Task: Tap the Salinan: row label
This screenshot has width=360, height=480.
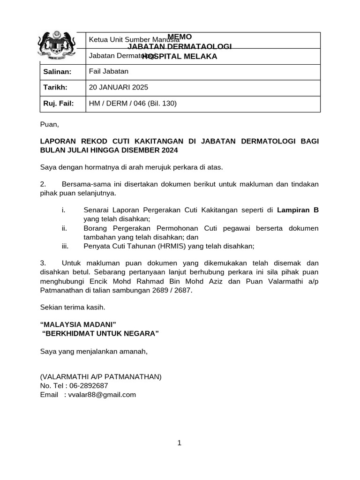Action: point(57,71)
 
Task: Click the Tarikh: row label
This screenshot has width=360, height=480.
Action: point(55,87)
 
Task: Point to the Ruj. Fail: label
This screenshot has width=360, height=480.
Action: point(58,103)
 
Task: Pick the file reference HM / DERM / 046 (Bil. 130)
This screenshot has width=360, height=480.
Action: point(133,103)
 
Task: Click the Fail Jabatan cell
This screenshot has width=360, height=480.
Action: point(108,71)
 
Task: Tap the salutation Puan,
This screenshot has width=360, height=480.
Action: point(50,124)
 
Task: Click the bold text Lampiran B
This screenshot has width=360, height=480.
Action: point(298,210)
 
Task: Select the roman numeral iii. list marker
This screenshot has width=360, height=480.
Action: point(66,246)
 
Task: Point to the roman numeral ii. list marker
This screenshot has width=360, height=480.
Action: point(65,228)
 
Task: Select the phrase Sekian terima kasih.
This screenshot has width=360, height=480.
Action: point(73,307)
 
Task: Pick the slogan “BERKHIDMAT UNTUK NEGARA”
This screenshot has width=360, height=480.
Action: point(100,333)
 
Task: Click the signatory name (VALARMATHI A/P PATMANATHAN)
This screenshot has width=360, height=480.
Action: point(101,376)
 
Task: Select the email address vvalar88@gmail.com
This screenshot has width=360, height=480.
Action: point(102,394)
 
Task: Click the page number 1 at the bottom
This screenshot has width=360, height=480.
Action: point(180,443)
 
